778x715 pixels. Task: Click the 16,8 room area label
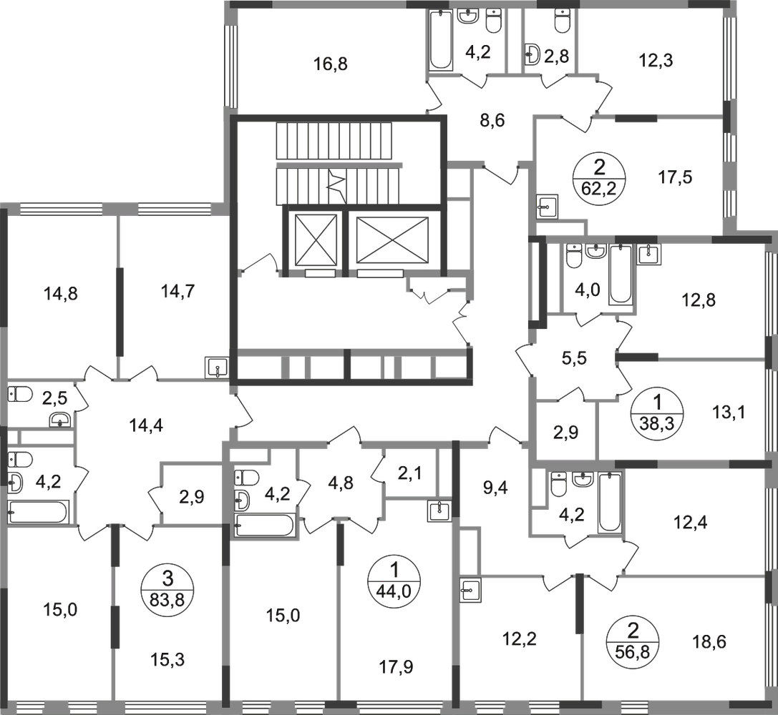tap(331, 64)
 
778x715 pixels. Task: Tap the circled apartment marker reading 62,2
tap(599, 177)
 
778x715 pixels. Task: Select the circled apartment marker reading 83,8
tap(167, 589)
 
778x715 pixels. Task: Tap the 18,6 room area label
tap(709, 642)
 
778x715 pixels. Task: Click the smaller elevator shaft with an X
tap(316, 240)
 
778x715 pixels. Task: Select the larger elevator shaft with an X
tap(392, 240)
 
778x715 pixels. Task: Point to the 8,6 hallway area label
tap(492, 120)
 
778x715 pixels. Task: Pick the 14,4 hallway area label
tap(147, 425)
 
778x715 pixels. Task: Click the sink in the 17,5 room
tap(548, 206)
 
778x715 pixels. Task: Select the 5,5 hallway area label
tap(575, 357)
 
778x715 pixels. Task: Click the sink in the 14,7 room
tap(217, 368)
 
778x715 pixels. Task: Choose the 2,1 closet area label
tap(410, 474)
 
